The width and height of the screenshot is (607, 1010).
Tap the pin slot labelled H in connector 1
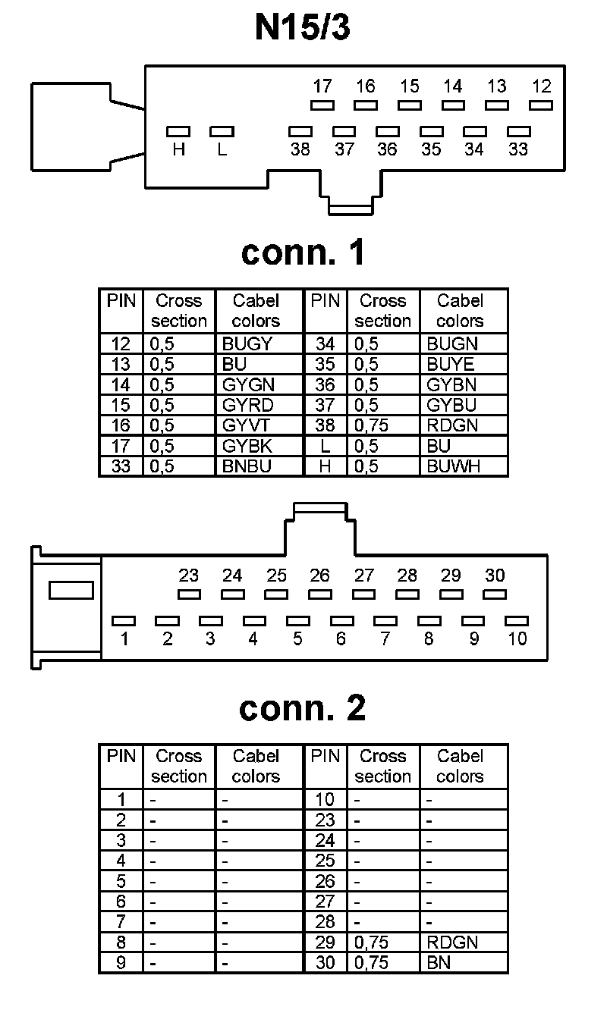[x=178, y=132]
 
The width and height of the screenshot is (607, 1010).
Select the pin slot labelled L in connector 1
[x=222, y=132]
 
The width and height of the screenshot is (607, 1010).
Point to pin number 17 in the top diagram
[x=322, y=86]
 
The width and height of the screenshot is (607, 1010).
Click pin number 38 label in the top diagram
[x=300, y=149]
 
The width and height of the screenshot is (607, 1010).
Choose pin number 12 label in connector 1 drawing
[x=541, y=86]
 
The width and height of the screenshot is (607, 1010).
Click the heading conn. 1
[x=303, y=252]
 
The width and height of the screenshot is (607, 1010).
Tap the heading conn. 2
[x=302, y=707]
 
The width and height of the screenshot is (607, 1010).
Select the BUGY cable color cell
[x=247, y=343]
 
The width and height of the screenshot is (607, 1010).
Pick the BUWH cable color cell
[x=453, y=466]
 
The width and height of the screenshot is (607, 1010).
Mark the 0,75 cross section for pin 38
[x=371, y=425]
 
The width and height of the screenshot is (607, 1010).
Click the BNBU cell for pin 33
[x=247, y=466]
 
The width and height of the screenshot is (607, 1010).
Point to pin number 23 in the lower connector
[x=188, y=576]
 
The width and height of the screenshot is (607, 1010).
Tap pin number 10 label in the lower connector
[x=517, y=639]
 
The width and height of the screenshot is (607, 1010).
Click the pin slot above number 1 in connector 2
[x=124, y=621]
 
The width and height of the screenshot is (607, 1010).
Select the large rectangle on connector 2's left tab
[x=71, y=589]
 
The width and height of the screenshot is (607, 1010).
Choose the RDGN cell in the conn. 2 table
[x=452, y=943]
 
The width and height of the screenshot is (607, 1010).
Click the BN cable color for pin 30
[x=439, y=963]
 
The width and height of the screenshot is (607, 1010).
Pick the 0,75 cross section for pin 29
[x=371, y=943]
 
